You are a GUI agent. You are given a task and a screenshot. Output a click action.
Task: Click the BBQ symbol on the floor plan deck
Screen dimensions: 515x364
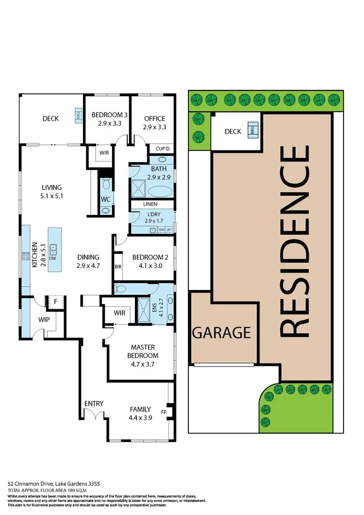(78, 116)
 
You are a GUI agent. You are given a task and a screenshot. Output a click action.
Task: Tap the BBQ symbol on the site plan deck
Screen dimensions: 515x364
(252, 130)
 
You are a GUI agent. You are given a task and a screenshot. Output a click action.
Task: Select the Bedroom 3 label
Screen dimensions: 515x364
(110, 115)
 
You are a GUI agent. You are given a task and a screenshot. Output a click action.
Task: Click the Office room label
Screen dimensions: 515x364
(155, 118)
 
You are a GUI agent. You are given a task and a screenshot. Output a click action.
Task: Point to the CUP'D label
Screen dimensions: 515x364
(162, 149)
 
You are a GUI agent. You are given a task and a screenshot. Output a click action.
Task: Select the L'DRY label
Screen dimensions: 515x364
(155, 214)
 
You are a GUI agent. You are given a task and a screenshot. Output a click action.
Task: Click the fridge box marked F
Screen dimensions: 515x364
(56, 302)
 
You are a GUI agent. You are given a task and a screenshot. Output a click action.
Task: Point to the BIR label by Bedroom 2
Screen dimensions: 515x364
(117, 266)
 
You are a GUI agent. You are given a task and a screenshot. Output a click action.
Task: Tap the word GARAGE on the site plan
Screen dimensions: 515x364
(222, 332)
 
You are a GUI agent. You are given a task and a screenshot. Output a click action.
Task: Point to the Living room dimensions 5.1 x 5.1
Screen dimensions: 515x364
(52, 196)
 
